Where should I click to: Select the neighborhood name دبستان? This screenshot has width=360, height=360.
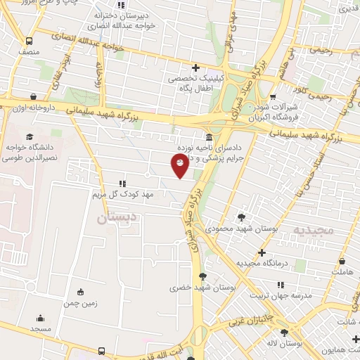tap(111, 219)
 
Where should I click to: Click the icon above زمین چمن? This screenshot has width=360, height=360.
tap(79, 292)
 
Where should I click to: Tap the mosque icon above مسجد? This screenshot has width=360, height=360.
tap(40, 318)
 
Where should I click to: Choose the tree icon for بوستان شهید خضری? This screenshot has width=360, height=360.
tap(202, 276)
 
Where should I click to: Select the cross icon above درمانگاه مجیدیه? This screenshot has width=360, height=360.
tap(262, 252)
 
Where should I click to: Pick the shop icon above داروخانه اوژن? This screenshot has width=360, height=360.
tap(33, 97)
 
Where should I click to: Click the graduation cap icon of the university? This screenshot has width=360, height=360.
tap(29, 136)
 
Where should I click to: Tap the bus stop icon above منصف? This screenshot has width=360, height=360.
tap(29, 41)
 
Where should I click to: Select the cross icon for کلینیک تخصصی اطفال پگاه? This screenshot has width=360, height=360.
tap(195, 68)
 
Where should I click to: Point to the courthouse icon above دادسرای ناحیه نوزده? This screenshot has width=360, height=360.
tap(209, 137)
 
